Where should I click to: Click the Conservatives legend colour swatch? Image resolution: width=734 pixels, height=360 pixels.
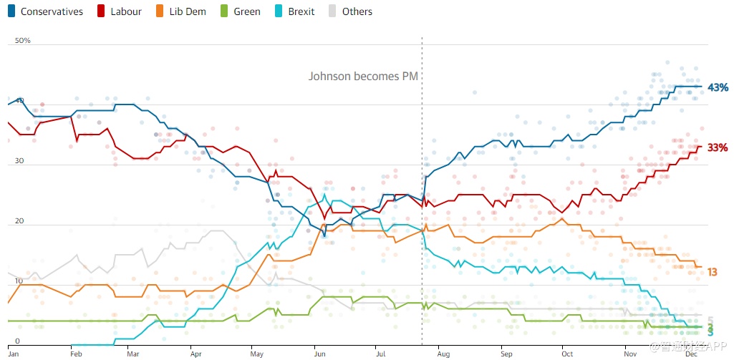coord(11,11)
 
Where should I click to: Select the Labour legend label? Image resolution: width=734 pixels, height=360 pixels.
coord(126,11)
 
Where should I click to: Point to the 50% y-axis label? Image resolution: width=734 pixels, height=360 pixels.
coord(23,41)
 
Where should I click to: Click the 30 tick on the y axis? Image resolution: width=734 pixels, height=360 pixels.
coord(19,161)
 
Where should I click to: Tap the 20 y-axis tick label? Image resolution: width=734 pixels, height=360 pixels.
coord(19,221)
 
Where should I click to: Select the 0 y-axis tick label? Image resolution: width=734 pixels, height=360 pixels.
coord(17,341)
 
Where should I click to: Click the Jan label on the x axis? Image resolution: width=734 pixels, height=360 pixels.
coord(13,354)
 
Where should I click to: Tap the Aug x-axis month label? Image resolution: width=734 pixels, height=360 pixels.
coord(443,354)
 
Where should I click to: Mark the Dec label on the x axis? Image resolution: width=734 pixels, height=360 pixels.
coord(691,354)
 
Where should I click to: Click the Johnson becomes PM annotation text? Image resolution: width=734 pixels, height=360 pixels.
coord(363,76)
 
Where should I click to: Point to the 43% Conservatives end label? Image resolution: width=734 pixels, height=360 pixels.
coord(718,87)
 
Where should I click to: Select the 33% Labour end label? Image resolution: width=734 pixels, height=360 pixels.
coord(718,147)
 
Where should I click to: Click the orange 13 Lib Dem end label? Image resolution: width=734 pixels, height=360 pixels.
coord(713,272)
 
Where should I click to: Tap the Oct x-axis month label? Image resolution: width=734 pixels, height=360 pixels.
coord(567,354)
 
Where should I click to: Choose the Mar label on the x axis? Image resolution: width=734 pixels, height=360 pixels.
coord(132,354)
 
